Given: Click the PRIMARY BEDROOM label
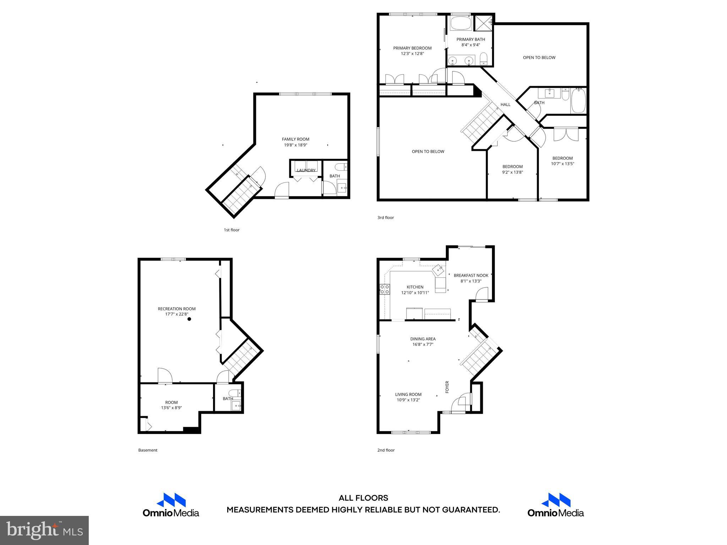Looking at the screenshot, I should (412, 48).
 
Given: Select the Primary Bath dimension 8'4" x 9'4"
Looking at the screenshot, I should (470, 45).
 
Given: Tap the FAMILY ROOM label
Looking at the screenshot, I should (295, 139).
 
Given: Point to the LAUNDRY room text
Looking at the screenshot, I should (306, 170).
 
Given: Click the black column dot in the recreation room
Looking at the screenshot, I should (189, 319).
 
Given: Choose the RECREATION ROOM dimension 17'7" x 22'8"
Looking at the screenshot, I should (176, 314).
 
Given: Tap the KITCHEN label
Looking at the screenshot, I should (415, 287).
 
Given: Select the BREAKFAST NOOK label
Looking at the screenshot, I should (471, 275).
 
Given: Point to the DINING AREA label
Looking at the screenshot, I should (423, 339).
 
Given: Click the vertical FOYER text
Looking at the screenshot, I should (447, 387).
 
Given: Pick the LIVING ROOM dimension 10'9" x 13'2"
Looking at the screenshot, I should (408, 400).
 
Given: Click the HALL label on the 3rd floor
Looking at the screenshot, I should (505, 104).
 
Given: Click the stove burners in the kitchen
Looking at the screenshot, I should (385, 289).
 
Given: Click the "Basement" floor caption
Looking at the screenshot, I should (148, 450).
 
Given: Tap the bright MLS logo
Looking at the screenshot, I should (44, 530).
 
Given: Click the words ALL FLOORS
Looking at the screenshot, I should (363, 498).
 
